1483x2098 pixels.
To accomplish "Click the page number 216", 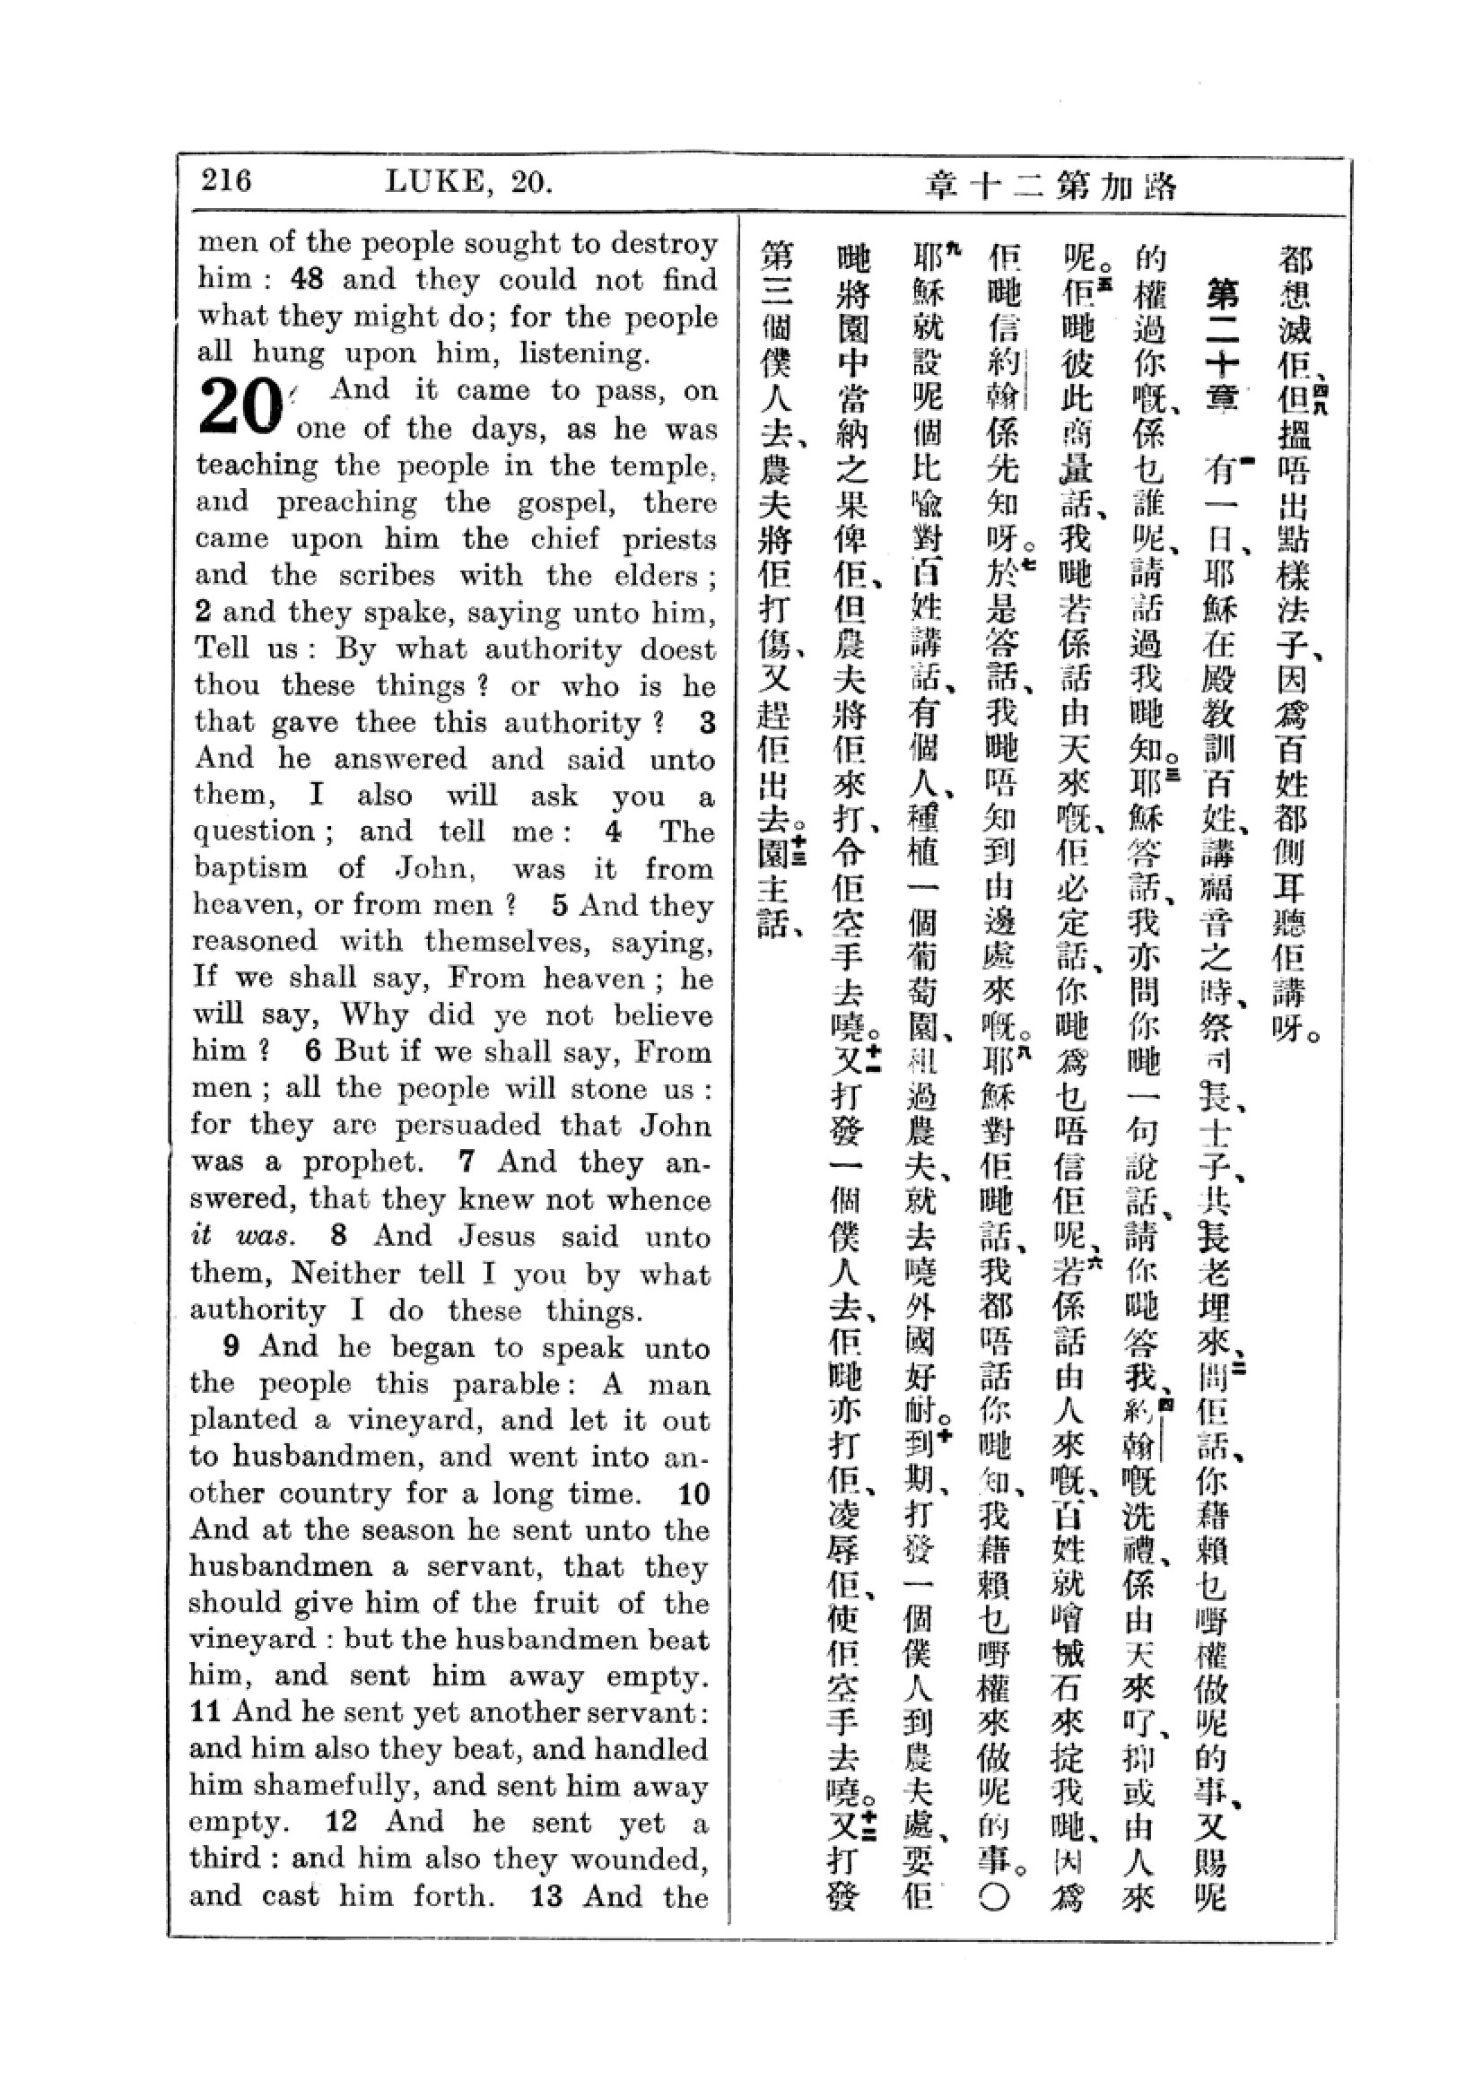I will tap(226, 180).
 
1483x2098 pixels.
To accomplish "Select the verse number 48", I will tap(306, 280).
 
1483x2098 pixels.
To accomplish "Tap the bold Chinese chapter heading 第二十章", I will tap(1223, 345).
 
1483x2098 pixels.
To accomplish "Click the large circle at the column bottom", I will tap(994, 1898).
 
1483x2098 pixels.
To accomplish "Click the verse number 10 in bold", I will tap(694, 1494).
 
